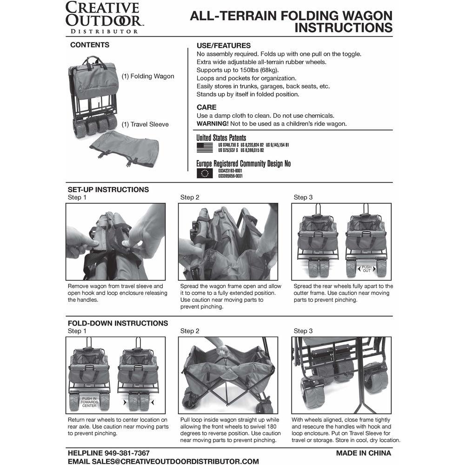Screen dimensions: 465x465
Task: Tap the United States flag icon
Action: point(205,147)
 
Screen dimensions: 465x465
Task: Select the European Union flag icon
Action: point(205,173)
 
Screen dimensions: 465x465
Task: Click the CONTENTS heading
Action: point(90,45)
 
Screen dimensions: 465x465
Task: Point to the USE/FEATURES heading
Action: point(224,46)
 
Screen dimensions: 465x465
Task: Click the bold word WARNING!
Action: point(213,124)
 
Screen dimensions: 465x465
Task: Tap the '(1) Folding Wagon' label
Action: point(148,76)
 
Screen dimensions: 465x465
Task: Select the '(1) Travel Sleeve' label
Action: point(145,125)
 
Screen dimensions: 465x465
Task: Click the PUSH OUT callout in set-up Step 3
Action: point(366,269)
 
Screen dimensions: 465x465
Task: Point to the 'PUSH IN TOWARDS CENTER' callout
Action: point(89,402)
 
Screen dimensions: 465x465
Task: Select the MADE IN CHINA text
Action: point(363,453)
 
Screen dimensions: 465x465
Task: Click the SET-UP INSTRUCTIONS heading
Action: point(108,190)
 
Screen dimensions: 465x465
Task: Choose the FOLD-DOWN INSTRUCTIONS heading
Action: point(118,323)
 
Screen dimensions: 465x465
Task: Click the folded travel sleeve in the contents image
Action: point(125,149)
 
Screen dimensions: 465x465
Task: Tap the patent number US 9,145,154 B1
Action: point(277,145)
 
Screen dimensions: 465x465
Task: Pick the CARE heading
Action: point(206,107)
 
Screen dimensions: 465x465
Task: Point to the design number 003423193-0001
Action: point(230,171)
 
